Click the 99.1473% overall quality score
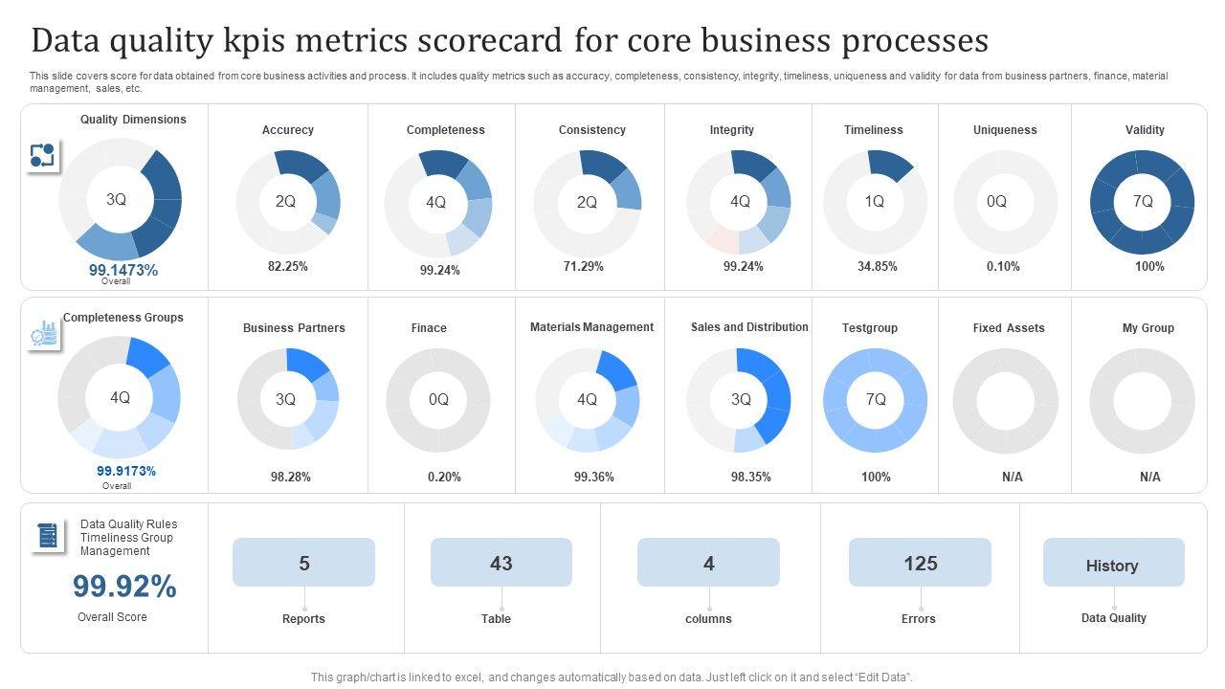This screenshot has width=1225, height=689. (x=123, y=270)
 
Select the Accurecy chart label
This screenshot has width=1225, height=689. (x=287, y=130)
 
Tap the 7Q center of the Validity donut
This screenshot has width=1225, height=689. (x=1143, y=201)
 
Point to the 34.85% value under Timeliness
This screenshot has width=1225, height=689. (x=877, y=267)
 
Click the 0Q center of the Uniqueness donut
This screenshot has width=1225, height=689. (x=996, y=201)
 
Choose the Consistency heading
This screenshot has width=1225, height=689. (x=591, y=130)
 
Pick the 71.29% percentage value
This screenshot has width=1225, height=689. (x=583, y=267)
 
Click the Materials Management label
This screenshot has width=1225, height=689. (x=591, y=327)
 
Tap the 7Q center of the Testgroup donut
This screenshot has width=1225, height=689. (x=876, y=399)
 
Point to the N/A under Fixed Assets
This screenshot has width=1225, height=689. (x=1012, y=477)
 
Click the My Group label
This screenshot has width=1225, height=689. (x=1147, y=328)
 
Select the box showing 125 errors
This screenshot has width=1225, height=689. (x=920, y=563)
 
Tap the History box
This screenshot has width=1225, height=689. (x=1113, y=565)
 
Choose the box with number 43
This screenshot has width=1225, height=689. (x=501, y=563)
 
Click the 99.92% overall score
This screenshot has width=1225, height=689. (x=124, y=587)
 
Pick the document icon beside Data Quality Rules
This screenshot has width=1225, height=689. (x=47, y=536)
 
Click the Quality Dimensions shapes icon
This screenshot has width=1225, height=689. (x=42, y=155)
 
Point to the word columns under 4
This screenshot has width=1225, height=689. (x=708, y=619)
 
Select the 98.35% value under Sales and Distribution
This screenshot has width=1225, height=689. (x=750, y=477)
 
